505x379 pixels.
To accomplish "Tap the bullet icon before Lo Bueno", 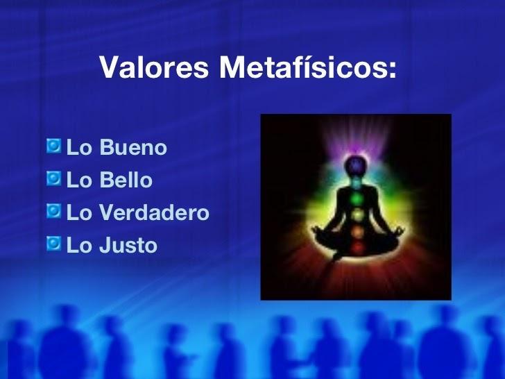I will [54, 146].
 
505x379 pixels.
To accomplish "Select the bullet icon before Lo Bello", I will [54, 179].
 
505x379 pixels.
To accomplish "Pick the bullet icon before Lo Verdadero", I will [54, 212].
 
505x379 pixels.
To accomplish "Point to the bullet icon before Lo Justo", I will [54, 244].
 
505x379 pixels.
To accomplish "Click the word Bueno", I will [133, 148].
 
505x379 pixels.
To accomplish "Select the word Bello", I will [126, 180].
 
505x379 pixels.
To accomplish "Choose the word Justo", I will [128, 246].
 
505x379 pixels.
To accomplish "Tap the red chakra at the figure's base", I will [355, 246].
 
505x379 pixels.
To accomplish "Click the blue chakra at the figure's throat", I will [355, 182].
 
